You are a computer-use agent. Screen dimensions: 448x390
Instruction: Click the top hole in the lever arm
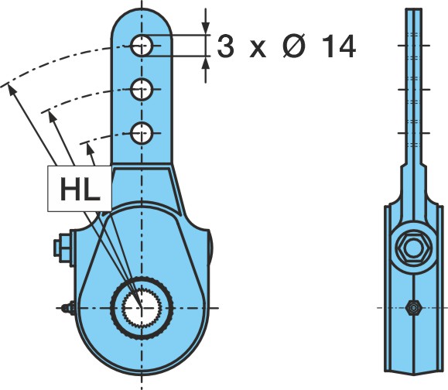142,46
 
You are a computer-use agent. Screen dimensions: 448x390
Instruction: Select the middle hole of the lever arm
142,90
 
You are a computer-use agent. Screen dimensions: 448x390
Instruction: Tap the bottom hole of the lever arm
142,133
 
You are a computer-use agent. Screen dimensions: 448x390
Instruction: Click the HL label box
80,189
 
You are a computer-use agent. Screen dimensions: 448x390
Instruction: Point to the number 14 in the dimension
339,46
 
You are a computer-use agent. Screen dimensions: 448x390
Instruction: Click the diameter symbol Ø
294,46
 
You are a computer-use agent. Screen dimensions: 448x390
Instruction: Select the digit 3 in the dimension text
225,46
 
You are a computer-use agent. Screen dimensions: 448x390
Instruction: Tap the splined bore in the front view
142,308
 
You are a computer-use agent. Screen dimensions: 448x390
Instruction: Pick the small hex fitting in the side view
413,308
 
